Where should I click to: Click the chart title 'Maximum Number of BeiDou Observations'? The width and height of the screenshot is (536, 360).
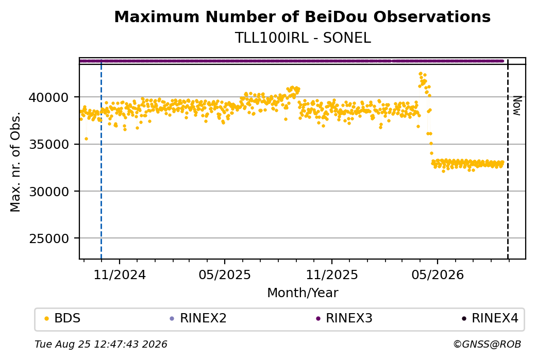click(302, 16)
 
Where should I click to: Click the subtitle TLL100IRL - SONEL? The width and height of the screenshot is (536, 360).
click(303, 38)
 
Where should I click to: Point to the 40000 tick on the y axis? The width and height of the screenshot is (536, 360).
click(48, 98)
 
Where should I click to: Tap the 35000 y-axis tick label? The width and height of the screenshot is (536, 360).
click(48, 145)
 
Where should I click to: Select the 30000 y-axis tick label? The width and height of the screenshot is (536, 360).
click(48, 192)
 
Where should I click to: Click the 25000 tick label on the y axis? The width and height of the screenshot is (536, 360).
click(48, 239)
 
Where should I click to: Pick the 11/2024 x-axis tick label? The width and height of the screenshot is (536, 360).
click(120, 275)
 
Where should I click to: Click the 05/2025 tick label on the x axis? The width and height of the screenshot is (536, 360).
click(225, 275)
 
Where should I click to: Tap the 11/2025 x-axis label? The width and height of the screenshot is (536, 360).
click(331, 275)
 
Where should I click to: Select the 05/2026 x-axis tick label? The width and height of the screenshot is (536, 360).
click(438, 275)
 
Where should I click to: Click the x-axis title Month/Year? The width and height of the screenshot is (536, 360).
click(303, 293)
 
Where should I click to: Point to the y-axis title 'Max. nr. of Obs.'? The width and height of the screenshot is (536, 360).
click(15, 162)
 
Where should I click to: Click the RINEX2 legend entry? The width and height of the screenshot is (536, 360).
click(198, 318)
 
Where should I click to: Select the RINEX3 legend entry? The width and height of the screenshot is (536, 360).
click(344, 318)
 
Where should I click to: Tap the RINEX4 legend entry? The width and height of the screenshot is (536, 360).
click(490, 318)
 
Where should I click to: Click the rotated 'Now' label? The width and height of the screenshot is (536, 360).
click(517, 106)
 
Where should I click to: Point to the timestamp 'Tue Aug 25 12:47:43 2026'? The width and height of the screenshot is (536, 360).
click(101, 344)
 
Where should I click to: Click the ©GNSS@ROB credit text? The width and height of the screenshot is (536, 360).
click(487, 344)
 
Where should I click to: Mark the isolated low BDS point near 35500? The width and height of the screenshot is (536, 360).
click(86, 139)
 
